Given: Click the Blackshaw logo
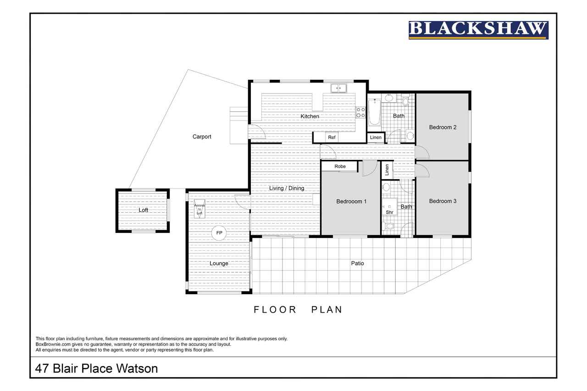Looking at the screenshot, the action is tap(478, 30).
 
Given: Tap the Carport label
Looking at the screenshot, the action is tap(201, 137).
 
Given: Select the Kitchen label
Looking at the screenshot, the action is tap(310, 116).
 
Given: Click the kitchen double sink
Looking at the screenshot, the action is tap(338, 88).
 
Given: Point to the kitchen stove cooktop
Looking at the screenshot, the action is tap(360, 112).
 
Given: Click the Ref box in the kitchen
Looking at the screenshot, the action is tap(332, 137).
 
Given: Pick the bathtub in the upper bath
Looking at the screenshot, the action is tap(375, 112).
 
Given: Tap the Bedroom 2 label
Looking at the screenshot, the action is tap(443, 127).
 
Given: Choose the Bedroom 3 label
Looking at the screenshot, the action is tap(443, 201).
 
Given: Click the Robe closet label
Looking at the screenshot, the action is tap(340, 166).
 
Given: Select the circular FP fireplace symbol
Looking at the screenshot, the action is tap(219, 233).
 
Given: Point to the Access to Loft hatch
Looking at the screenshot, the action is tap(199, 209).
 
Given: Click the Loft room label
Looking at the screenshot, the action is tap(144, 210).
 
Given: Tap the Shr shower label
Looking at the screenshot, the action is tap(389, 212).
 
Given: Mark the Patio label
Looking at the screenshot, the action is tap(357, 263).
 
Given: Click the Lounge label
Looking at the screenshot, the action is tap(219, 264).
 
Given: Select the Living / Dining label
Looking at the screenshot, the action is tap(287, 188).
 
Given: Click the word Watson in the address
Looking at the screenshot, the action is tap(137, 369).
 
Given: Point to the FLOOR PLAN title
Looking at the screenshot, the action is tap(298, 309).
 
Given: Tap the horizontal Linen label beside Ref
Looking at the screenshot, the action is tap(376, 137).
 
